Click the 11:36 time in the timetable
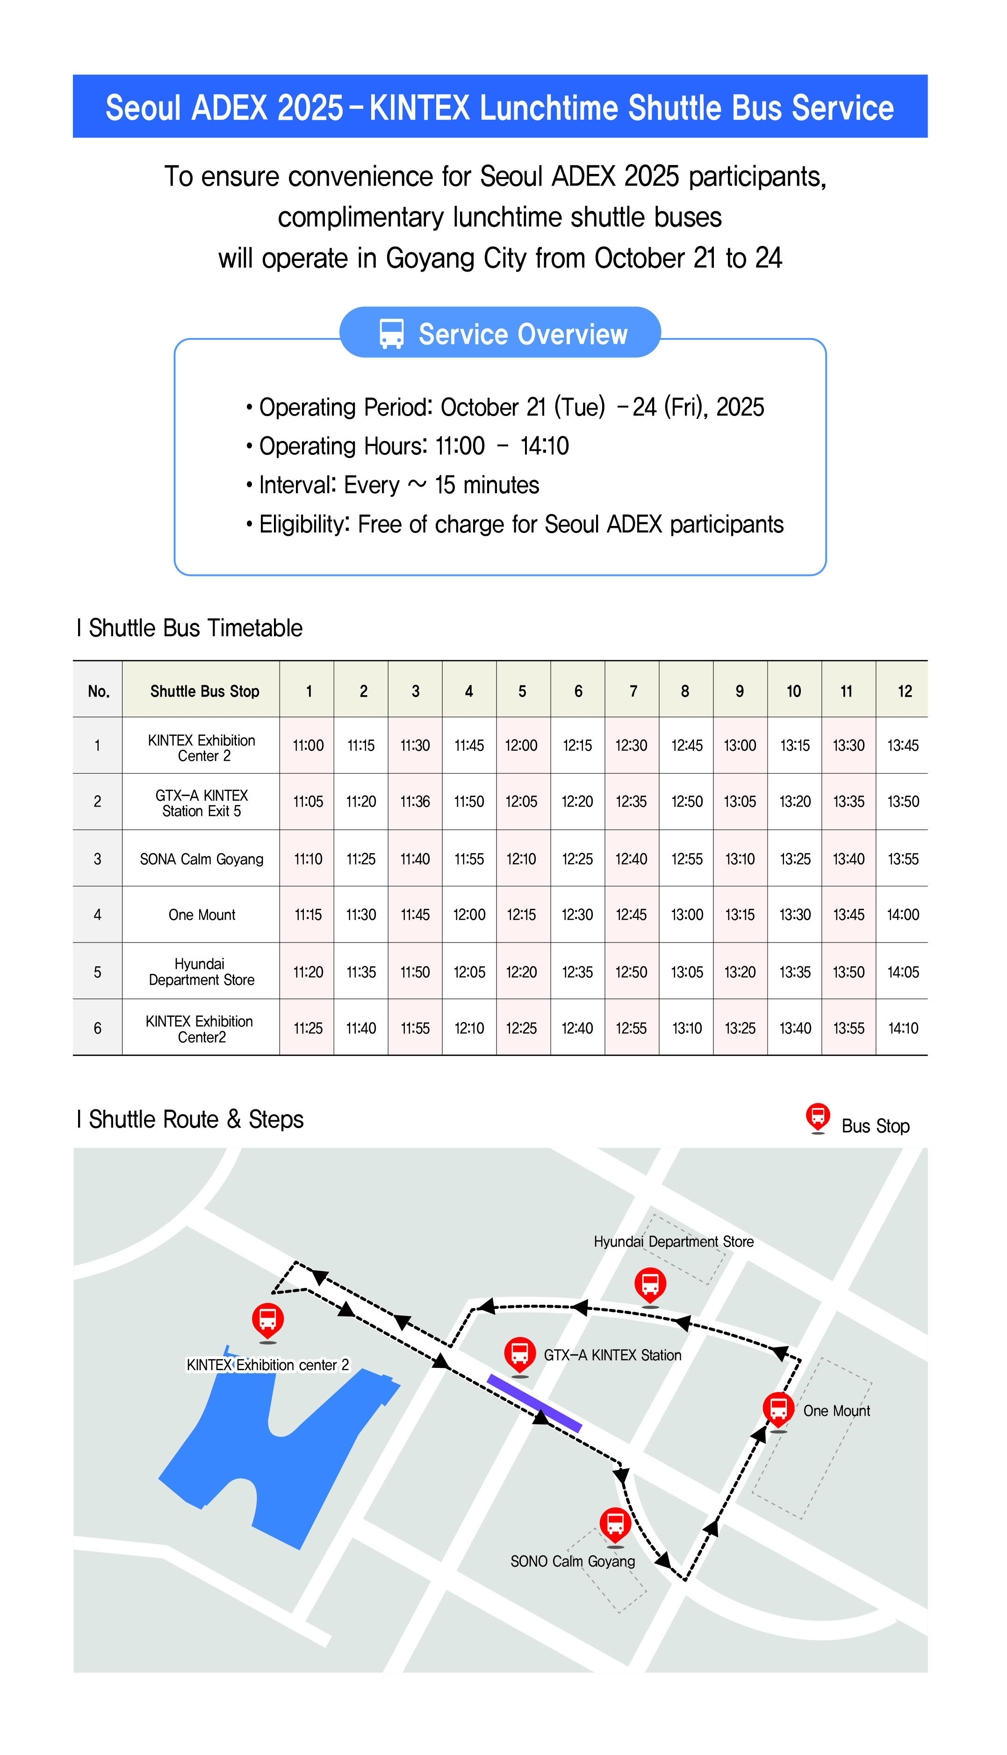(415, 802)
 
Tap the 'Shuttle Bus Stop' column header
(205, 691)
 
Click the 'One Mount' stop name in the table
(202, 915)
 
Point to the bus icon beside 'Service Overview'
(391, 333)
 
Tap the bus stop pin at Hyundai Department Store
(650, 1285)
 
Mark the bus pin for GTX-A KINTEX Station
(520, 1353)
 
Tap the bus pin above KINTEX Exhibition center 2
(268, 1320)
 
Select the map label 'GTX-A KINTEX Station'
(612, 1355)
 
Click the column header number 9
(739, 691)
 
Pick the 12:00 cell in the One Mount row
(469, 915)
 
